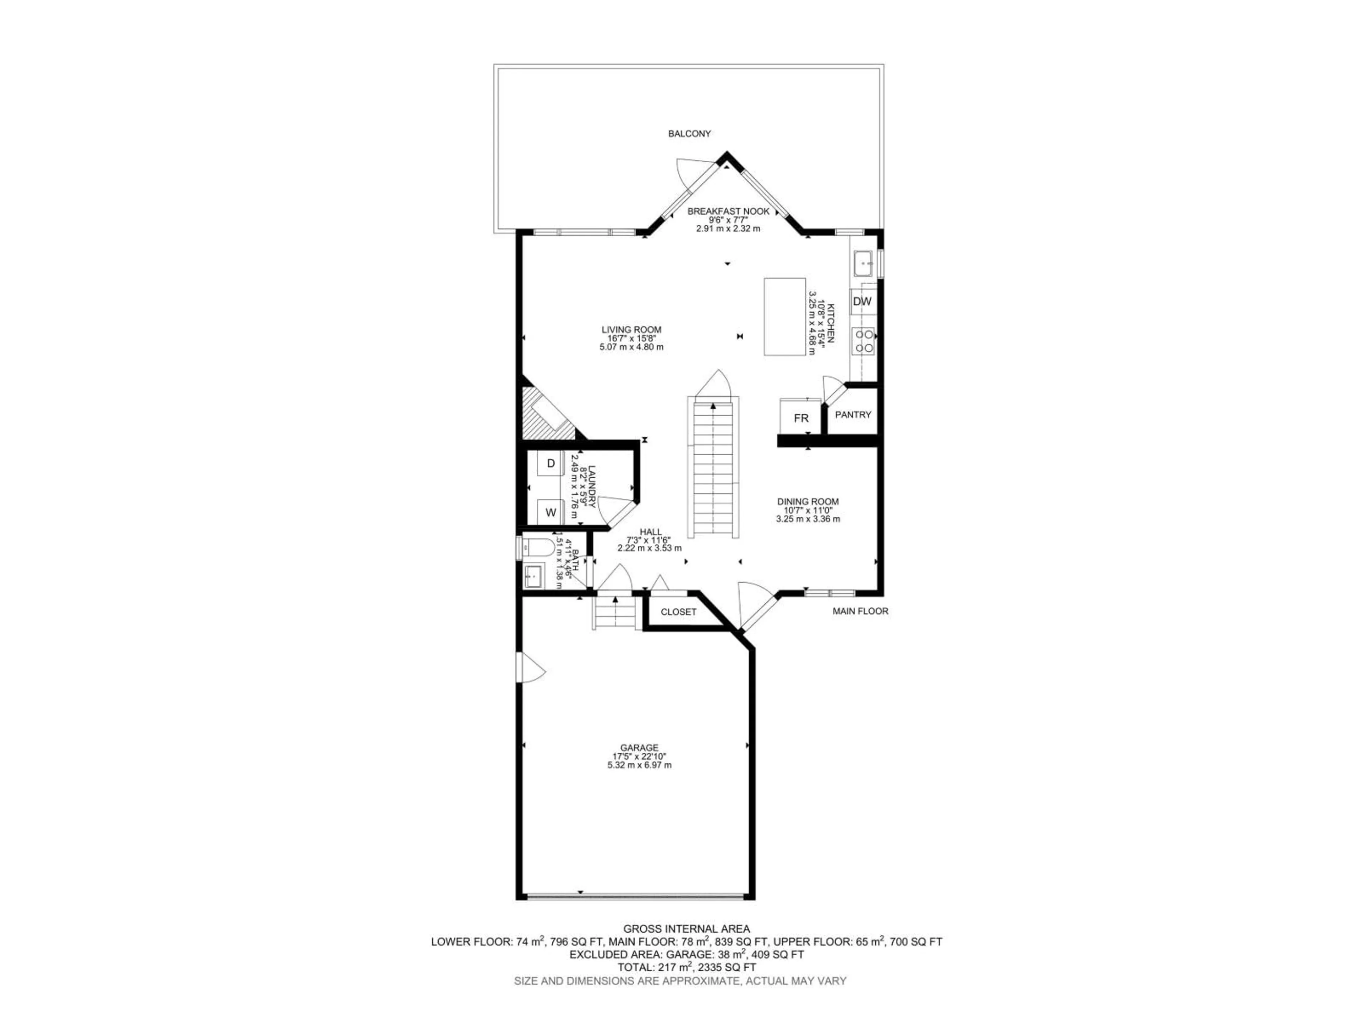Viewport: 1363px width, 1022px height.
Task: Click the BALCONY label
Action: tap(690, 134)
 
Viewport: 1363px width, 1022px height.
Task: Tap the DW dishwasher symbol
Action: tap(863, 301)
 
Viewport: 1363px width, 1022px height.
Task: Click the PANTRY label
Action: tap(853, 414)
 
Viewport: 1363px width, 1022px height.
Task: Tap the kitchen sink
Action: tap(863, 263)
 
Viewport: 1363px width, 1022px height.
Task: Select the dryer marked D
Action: tap(551, 463)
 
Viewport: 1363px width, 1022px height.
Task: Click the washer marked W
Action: tap(551, 512)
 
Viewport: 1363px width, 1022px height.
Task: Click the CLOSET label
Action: tap(678, 612)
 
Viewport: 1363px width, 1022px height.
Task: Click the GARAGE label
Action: tap(639, 748)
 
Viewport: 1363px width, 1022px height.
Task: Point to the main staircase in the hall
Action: tap(713, 468)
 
